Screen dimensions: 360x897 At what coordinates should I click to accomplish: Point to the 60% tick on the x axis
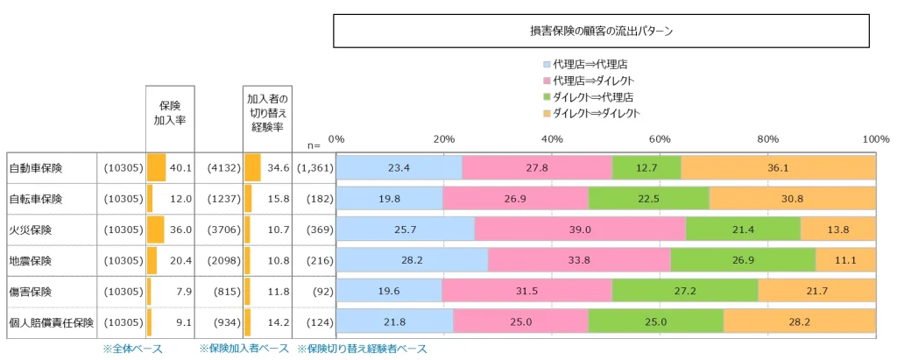coord(660,138)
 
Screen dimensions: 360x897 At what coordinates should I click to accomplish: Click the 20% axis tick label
coord(444,138)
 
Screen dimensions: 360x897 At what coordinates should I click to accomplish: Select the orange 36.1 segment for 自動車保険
coord(778,167)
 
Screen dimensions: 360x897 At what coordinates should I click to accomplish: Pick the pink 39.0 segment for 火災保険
coord(580,229)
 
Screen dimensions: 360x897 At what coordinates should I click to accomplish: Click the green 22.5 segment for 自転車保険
coord(648,199)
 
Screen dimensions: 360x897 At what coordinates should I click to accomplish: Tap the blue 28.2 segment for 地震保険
coord(413,261)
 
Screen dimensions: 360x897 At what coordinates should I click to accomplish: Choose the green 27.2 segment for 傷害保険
coord(684,292)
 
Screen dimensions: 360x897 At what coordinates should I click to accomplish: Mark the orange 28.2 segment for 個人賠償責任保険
coord(799,322)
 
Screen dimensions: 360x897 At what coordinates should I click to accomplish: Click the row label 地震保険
coord(31,261)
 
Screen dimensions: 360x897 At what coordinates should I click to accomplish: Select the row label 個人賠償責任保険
coord(51,322)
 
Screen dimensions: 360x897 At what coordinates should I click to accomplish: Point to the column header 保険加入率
coord(170,113)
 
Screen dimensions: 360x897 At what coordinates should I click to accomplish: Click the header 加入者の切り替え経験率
coord(266,113)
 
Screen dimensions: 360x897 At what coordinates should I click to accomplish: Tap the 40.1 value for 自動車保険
coord(180,167)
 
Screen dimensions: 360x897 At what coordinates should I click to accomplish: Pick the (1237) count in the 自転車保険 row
coord(223,199)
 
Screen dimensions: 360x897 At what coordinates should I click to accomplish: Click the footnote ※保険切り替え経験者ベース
coord(362,349)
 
